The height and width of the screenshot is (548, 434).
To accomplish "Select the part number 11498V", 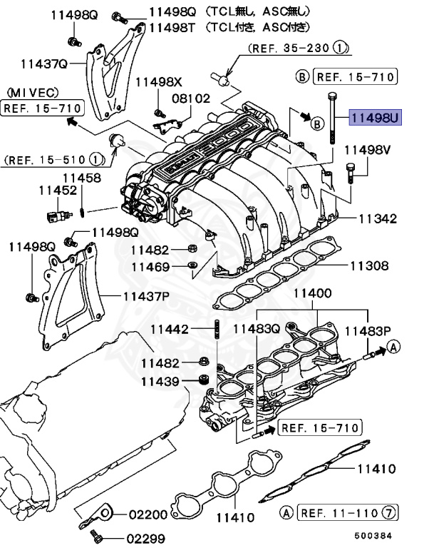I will (x=368, y=151).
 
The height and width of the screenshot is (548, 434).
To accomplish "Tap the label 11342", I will (x=377, y=218).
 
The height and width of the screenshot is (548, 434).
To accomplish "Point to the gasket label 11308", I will (x=368, y=267).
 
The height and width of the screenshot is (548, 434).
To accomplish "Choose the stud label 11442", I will (x=170, y=330).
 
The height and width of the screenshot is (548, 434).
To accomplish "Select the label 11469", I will (x=150, y=268).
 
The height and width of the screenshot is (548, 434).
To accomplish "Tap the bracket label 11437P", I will (x=146, y=295).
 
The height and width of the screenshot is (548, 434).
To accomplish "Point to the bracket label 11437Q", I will (x=43, y=64).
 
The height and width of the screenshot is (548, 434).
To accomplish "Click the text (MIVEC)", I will (x=33, y=93).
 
